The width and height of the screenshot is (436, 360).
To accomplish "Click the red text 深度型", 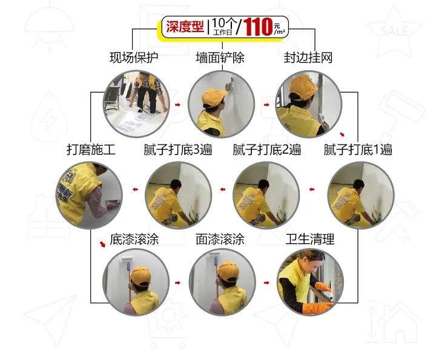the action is click(x=185, y=27).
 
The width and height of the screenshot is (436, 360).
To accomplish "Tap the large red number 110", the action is click(x=258, y=27).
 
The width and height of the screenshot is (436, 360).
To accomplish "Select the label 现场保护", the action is click(x=134, y=57).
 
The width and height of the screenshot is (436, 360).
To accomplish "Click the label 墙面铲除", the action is click(x=220, y=57).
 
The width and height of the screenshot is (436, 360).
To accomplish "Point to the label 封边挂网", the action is click(x=308, y=57).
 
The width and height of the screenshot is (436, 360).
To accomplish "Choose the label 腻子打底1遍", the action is click(x=358, y=149).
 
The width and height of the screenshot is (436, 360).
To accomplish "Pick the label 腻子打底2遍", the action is click(x=267, y=149).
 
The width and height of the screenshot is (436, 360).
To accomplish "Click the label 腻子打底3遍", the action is click(x=178, y=149).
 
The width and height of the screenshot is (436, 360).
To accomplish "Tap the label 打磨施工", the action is click(x=91, y=149).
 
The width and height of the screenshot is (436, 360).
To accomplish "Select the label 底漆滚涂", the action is click(x=134, y=239).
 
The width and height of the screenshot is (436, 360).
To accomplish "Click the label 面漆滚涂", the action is click(x=220, y=239).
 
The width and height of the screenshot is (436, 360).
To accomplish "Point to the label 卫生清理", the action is click(x=310, y=239).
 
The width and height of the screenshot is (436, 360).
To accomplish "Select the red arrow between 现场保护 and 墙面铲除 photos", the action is click(x=177, y=105).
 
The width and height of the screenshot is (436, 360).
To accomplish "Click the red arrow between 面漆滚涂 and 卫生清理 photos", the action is click(x=266, y=283).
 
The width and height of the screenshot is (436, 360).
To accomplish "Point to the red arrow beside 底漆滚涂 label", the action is click(x=102, y=244).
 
